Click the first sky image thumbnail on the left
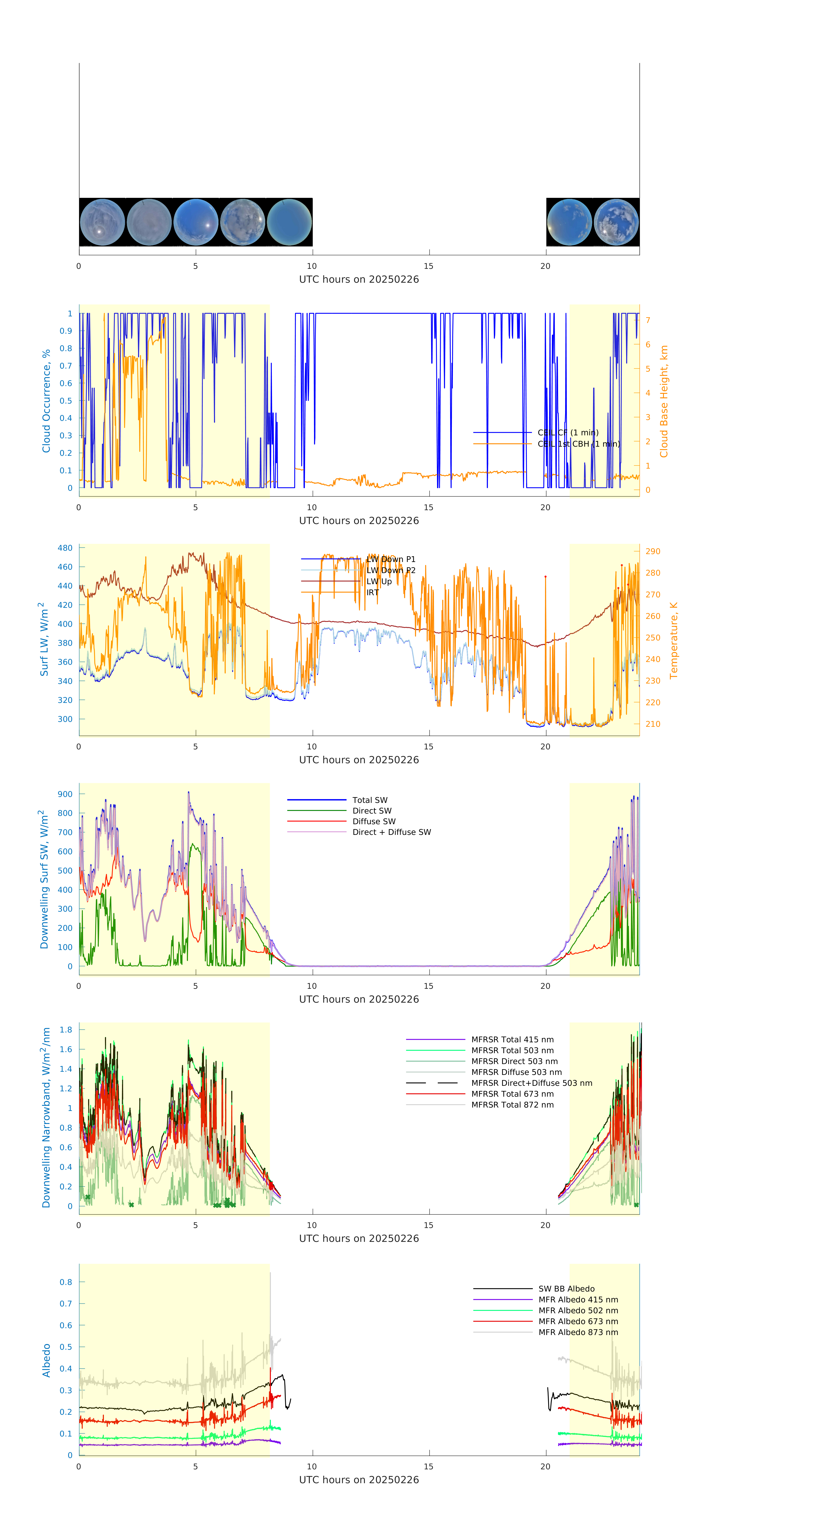pyautogui.click(x=102, y=222)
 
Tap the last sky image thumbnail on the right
pyautogui.click(x=616, y=222)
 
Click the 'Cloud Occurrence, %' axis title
pyautogui.click(x=46, y=401)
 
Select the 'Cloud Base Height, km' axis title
pyautogui.click(x=664, y=401)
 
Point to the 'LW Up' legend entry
pyautogui.click(x=379, y=581)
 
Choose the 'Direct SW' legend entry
pyautogui.click(x=372, y=811)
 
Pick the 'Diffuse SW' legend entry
pyautogui.click(x=374, y=821)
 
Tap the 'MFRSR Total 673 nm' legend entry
pyautogui.click(x=512, y=1094)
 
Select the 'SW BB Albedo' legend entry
pyautogui.click(x=566, y=1289)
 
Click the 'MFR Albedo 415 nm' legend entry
pyautogui.click(x=578, y=1300)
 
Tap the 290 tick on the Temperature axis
pyautogui.click(x=653, y=551)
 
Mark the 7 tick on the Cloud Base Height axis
pyautogui.click(x=648, y=320)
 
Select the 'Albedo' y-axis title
pyautogui.click(x=46, y=1360)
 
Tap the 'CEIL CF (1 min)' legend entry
pyautogui.click(x=568, y=433)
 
